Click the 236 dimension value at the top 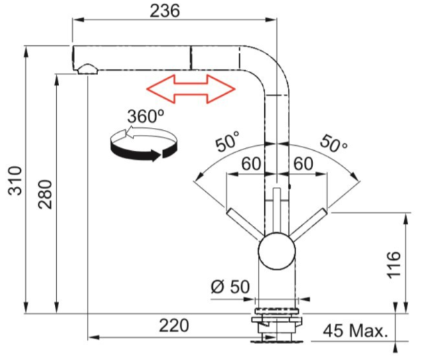click(x=165, y=11)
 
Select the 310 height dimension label click(x=15, y=181)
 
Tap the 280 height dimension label click(x=45, y=195)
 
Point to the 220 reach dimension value click(x=174, y=325)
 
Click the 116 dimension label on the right click(x=394, y=264)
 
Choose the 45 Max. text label click(x=355, y=331)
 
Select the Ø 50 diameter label click(x=230, y=286)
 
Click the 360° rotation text click(x=146, y=116)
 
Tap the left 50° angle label click(x=227, y=141)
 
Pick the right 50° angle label click(x=334, y=144)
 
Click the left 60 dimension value click(x=251, y=164)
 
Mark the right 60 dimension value click(x=303, y=164)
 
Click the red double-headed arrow click(x=191, y=89)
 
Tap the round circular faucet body click(x=277, y=251)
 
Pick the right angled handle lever click(x=308, y=224)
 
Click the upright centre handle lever click(x=277, y=211)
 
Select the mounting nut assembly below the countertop click(x=277, y=325)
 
